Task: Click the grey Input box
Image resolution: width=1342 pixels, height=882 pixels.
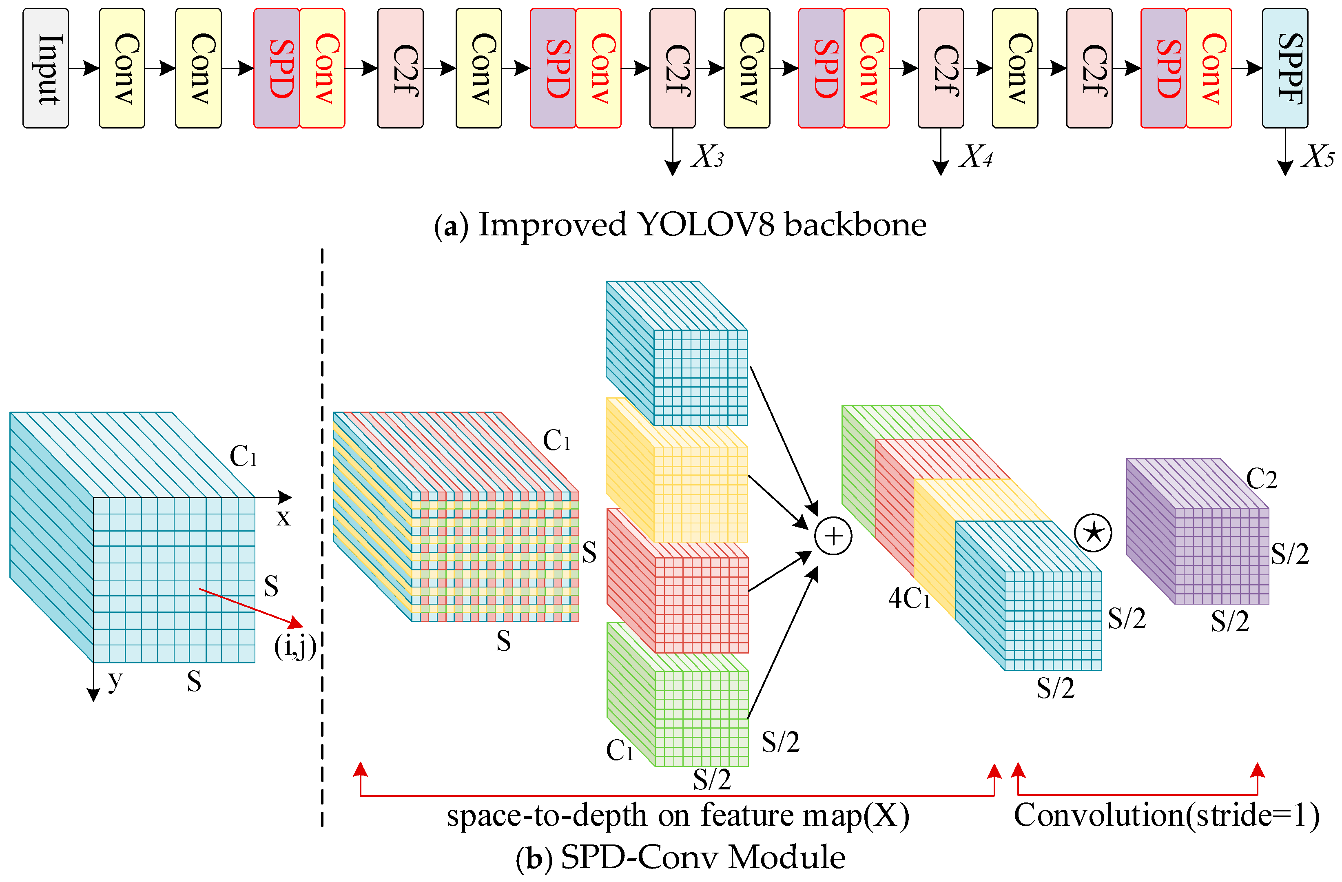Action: click(x=46, y=68)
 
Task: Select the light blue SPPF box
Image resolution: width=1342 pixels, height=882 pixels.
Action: click(x=1285, y=68)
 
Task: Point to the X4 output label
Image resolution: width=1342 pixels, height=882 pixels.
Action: click(x=976, y=156)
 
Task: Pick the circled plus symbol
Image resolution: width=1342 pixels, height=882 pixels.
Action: click(x=833, y=536)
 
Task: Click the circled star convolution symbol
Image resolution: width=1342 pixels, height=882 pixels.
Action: click(x=1093, y=533)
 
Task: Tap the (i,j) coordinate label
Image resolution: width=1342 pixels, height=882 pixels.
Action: click(x=295, y=646)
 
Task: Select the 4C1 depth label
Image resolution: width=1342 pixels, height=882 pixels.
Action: click(x=908, y=598)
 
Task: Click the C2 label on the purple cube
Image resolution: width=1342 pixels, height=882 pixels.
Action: click(x=1261, y=479)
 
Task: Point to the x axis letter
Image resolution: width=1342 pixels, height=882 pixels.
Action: click(x=283, y=518)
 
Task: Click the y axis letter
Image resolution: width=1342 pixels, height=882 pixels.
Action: click(x=115, y=680)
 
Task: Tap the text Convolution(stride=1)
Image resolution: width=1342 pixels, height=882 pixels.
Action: click(x=1167, y=816)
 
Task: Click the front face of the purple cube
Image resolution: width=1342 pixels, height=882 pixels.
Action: click(x=1221, y=556)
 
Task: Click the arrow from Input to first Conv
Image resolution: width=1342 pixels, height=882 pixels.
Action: click(x=84, y=68)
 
